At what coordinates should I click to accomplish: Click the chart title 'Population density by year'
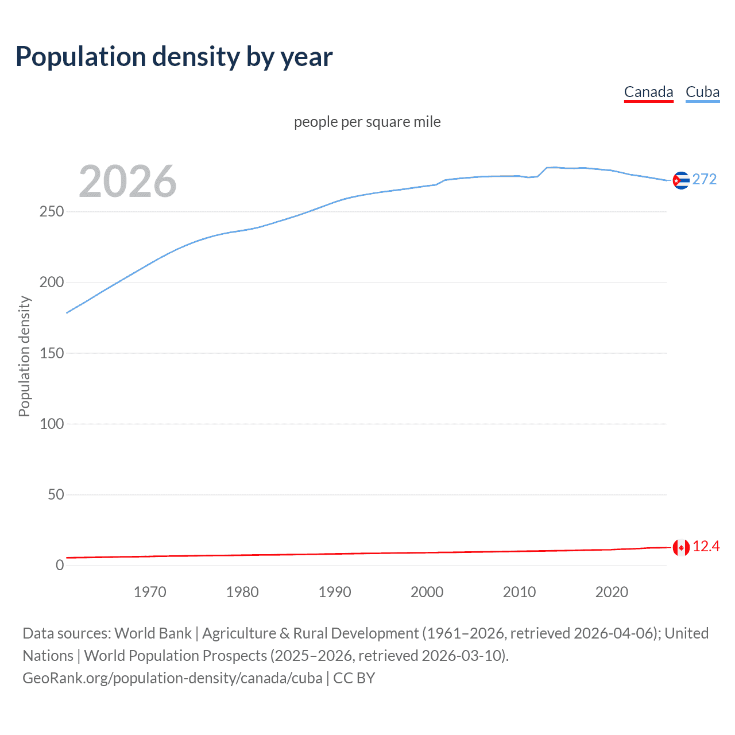coord(174,57)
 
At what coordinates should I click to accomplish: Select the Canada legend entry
coord(648,92)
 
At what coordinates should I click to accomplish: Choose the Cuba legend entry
coord(702,92)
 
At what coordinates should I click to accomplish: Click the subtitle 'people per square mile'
coord(367,122)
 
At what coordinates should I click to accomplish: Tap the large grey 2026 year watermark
coord(127,181)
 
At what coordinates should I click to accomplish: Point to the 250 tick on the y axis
coord(52,212)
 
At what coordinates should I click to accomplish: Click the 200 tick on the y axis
coord(52,283)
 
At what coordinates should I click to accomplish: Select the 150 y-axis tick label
coord(52,353)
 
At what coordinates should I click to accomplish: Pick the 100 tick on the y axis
coord(52,424)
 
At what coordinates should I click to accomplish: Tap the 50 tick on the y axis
coord(56,494)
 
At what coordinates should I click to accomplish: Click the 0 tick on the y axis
coord(60,565)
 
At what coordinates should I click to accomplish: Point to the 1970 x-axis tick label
coord(150,592)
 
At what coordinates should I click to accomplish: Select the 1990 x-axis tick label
coord(335,592)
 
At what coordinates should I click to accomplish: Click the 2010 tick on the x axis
coord(519,592)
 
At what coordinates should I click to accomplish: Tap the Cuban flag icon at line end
coord(681,180)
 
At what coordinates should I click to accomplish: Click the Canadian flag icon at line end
coord(681,548)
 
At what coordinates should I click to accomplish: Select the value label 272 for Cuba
coord(705,180)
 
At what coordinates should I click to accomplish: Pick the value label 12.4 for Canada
coord(706,547)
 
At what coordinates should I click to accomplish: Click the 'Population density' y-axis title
coord(24,356)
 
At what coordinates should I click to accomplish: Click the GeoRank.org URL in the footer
coord(172,678)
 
